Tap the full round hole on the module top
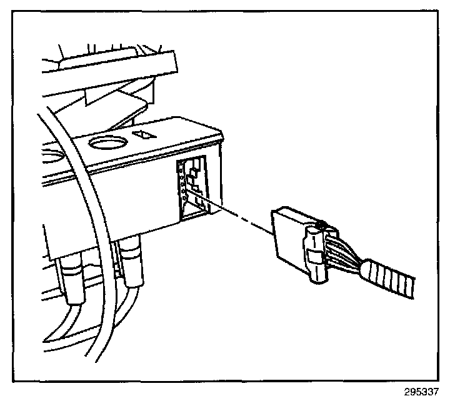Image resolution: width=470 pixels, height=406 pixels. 108,144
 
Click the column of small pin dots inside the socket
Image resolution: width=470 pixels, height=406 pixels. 182,184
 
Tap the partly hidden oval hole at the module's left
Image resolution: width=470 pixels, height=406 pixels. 53,152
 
